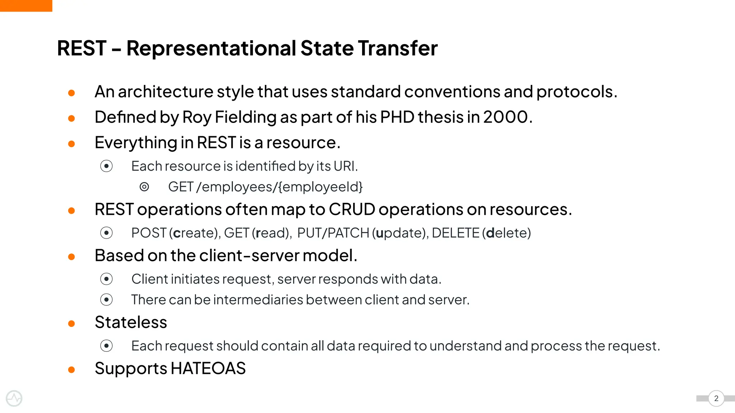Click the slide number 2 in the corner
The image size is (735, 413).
(716, 398)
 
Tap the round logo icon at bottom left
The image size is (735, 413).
(14, 398)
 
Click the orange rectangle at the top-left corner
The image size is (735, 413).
(26, 5)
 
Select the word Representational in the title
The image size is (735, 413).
(211, 48)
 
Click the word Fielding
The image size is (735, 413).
(245, 118)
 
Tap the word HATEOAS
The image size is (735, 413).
(208, 368)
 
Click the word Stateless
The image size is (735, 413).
(131, 322)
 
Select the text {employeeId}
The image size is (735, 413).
(320, 187)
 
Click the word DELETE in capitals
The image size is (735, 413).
(455, 233)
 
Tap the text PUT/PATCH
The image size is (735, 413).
(333, 233)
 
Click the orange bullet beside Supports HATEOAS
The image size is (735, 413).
(71, 370)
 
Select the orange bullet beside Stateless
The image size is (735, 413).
(71, 324)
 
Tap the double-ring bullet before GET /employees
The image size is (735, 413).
(144, 187)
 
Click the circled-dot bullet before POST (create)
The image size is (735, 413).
(106, 233)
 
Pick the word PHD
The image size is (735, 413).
(397, 117)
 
